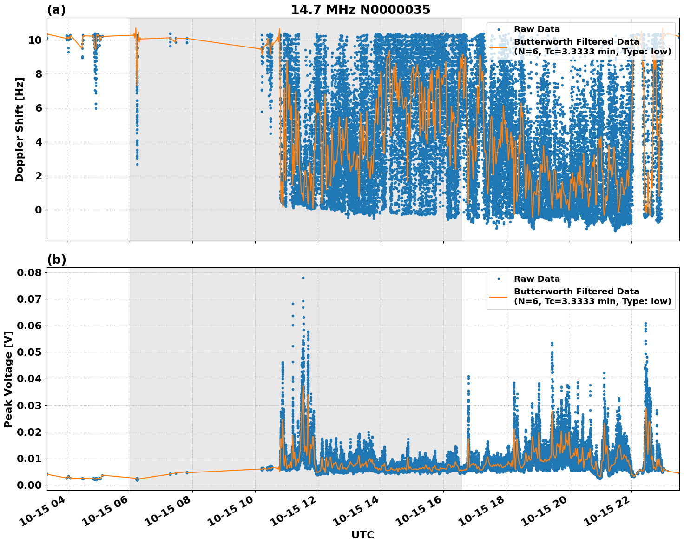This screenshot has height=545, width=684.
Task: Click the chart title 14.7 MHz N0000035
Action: pos(361,10)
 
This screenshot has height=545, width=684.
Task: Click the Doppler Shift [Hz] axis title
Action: pos(20,129)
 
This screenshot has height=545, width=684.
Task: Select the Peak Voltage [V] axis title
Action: pos(8,379)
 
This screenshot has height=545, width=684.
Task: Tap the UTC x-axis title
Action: pos(362,535)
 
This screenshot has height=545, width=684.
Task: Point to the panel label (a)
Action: pos(56,10)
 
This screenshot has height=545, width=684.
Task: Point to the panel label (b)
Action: pos(56,259)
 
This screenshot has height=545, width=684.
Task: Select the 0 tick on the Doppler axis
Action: pos(39,210)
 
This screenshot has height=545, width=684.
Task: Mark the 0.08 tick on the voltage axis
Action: pos(29,272)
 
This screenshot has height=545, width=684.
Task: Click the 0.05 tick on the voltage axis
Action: pos(29,352)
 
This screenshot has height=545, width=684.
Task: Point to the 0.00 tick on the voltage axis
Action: pos(29,485)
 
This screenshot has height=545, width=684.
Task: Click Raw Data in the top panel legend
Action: pos(537,29)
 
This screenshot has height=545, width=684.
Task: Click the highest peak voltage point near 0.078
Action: pos(303,278)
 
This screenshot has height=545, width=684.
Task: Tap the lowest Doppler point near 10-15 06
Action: pos(137,164)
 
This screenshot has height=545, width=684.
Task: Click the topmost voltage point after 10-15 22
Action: pos(645,323)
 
